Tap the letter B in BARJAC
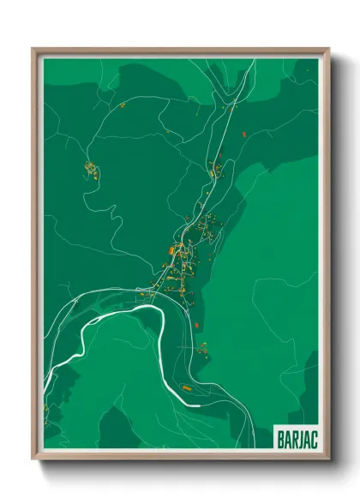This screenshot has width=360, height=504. click(x=279, y=437)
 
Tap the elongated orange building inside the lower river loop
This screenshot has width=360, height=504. click(x=186, y=388)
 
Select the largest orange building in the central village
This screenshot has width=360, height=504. click(x=171, y=251)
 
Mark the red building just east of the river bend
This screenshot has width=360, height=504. click(x=197, y=327)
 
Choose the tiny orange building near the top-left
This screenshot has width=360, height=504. click(x=123, y=105)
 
